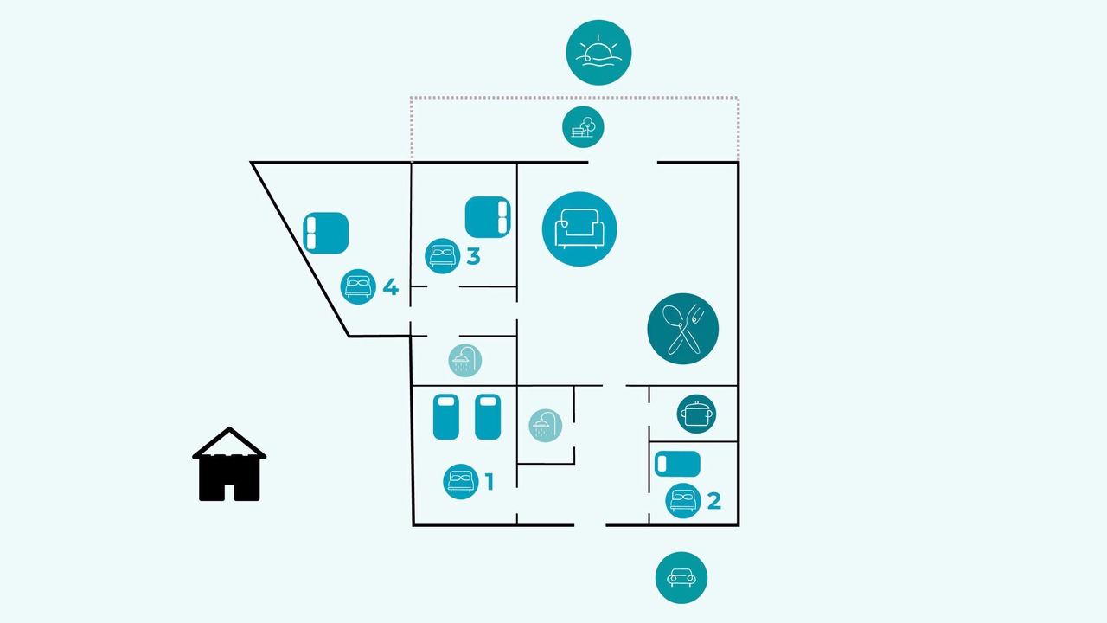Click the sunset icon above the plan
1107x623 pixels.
click(x=598, y=53)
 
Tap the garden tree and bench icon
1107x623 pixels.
click(x=583, y=127)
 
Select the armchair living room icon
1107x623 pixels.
click(x=579, y=229)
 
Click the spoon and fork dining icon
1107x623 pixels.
click(x=683, y=329)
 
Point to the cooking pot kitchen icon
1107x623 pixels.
click(x=696, y=414)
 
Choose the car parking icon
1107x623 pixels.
click(x=681, y=577)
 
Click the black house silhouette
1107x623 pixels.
click(x=229, y=465)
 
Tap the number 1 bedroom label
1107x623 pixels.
click(x=490, y=482)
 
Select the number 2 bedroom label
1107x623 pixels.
click(x=714, y=501)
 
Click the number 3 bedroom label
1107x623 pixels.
click(x=473, y=256)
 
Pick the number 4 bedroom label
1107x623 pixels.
click(x=390, y=286)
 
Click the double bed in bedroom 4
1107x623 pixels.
click(x=326, y=233)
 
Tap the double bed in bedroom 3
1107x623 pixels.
click(x=488, y=217)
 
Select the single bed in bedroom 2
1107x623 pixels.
click(x=677, y=464)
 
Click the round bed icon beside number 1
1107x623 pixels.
click(x=461, y=482)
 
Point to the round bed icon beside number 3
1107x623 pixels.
click(x=442, y=256)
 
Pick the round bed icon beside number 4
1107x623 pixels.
click(x=358, y=286)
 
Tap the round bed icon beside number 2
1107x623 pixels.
click(x=683, y=501)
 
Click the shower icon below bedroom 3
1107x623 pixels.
click(x=465, y=361)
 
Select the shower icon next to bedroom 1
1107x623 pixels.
click(x=546, y=425)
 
